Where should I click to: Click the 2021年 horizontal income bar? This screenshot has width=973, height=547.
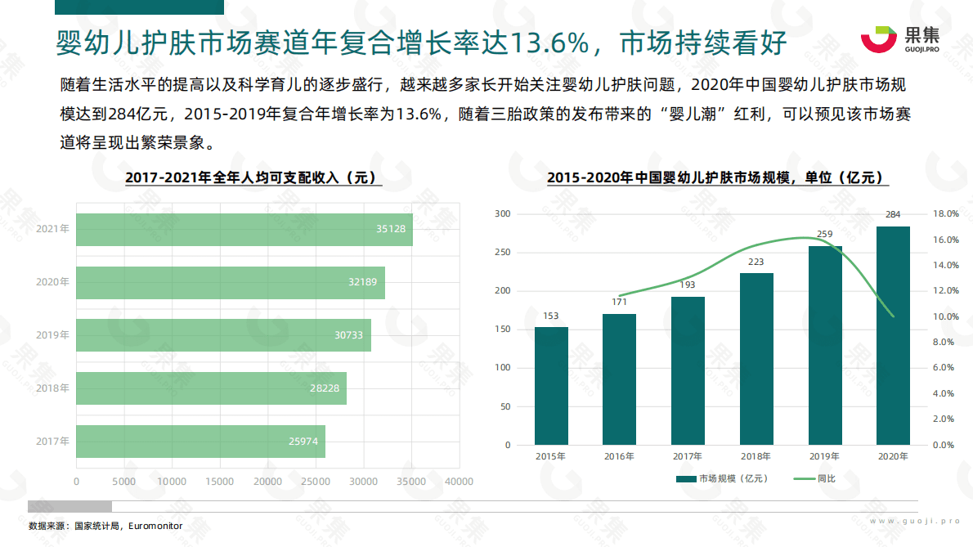pyautogui.click(x=244, y=230)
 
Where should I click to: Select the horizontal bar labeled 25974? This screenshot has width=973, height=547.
pyautogui.click(x=200, y=442)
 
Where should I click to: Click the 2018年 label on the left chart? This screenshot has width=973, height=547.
pyautogui.click(x=52, y=388)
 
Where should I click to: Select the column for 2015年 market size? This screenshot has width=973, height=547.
pyautogui.click(x=551, y=386)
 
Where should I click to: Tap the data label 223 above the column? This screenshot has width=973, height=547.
pyautogui.click(x=756, y=262)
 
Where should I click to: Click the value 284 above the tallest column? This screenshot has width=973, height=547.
pyautogui.click(x=893, y=215)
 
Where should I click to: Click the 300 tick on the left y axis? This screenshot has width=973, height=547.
pyautogui.click(x=502, y=214)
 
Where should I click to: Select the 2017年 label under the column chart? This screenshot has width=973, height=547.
pyautogui.click(x=688, y=456)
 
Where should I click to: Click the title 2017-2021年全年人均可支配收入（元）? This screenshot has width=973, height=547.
pyautogui.click(x=253, y=177)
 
